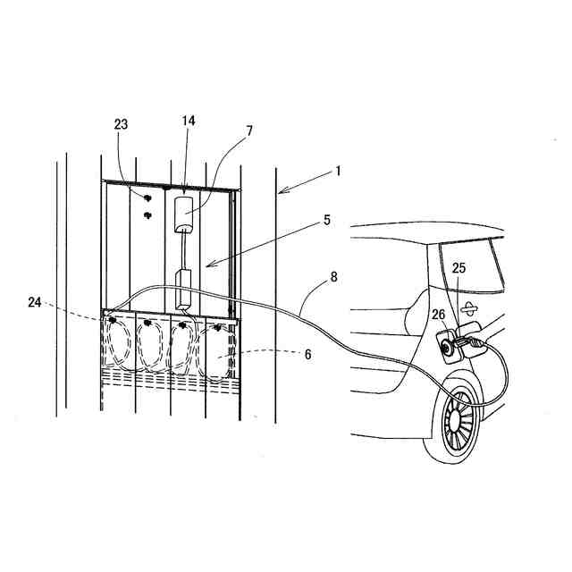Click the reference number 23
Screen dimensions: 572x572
click(x=122, y=125)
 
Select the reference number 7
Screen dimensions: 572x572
click(x=250, y=130)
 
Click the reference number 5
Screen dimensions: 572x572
click(x=327, y=219)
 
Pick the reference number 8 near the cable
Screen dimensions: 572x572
click(x=334, y=277)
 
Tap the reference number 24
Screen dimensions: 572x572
click(x=35, y=303)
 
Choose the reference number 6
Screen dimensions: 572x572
click(x=307, y=355)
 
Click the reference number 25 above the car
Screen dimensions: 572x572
click(x=458, y=267)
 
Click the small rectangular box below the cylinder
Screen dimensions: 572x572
click(x=185, y=286)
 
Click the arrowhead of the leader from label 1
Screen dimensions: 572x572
click(x=280, y=190)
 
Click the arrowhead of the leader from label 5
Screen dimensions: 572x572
click(x=205, y=265)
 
